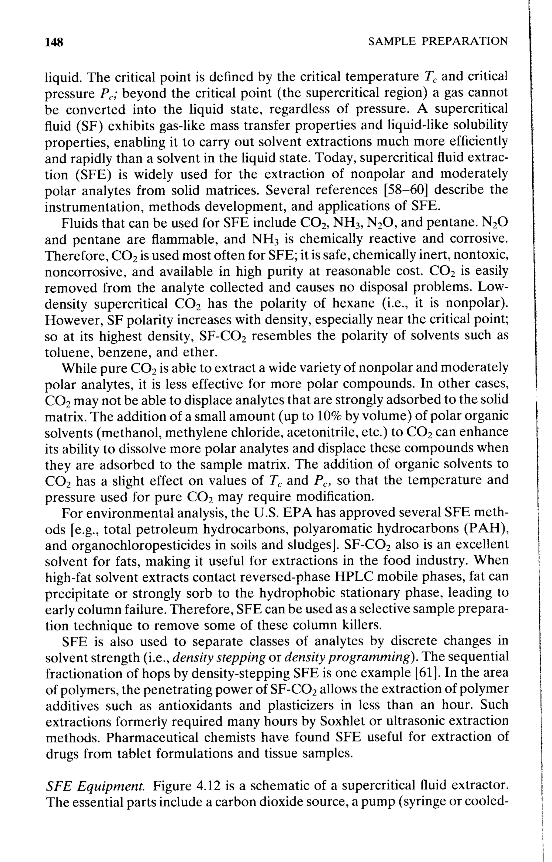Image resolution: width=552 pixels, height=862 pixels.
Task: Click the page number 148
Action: [54, 42]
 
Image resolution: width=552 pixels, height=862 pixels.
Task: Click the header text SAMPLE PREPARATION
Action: [438, 41]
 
